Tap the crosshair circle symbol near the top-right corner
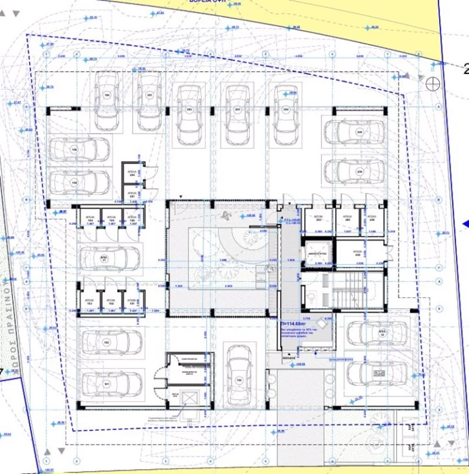(433, 84)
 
